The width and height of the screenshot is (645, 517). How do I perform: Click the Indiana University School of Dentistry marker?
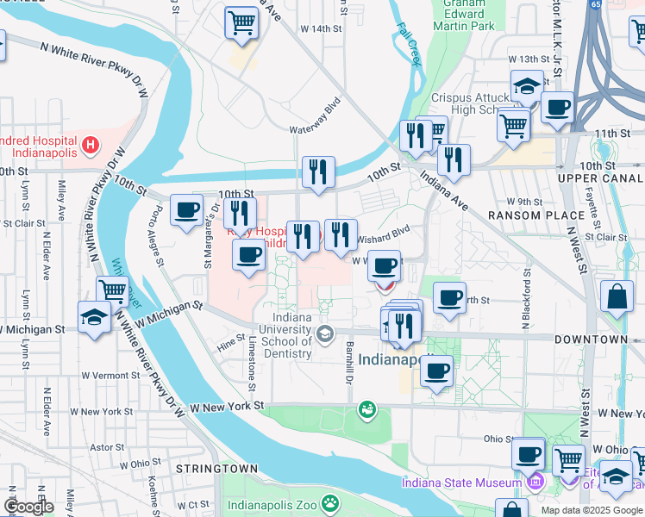tap(325, 333)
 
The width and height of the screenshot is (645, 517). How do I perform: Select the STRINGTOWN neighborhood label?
tap(216, 468)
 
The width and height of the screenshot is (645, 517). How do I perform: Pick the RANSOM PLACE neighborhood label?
tap(525, 215)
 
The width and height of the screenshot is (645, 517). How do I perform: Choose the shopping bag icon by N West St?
tap(618, 297)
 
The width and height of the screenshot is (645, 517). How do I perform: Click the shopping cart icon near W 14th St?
tap(241, 22)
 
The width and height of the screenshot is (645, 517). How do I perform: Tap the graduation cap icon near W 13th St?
tap(526, 86)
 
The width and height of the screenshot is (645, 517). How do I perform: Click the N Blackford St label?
tap(525, 302)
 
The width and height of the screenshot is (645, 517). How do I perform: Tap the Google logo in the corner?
tap(28, 507)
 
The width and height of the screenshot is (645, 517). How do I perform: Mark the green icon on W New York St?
tap(368, 408)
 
